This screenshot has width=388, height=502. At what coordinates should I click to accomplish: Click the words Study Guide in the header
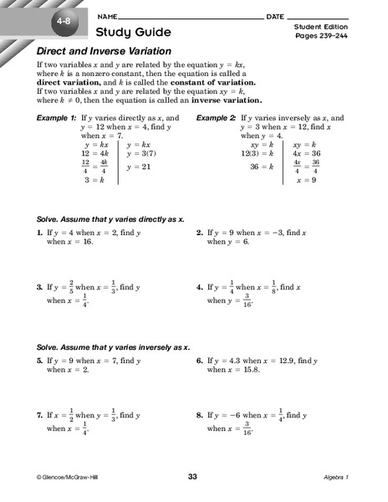pos(134,33)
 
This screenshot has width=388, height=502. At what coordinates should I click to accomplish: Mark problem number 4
pos(199,287)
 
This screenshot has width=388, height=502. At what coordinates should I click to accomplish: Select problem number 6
pos(199,360)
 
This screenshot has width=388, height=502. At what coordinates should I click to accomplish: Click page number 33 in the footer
pos(193,476)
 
